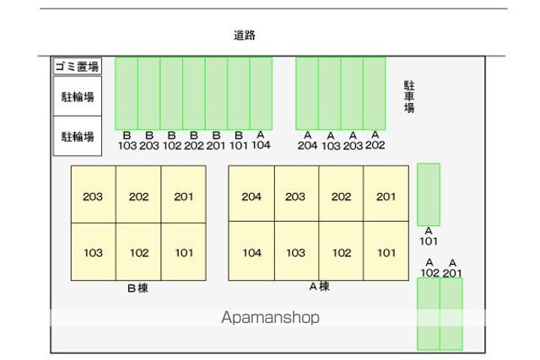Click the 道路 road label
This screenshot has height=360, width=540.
tap(245, 35)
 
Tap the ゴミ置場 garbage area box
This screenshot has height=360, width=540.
tap(77, 66)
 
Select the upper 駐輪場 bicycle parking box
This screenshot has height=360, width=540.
tap(77, 95)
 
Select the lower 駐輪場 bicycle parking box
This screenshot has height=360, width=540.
tap(77, 136)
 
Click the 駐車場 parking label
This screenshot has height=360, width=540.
tap(409, 97)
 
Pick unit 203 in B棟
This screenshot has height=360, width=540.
tap(93, 196)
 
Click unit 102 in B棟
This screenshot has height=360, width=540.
tap(138, 252)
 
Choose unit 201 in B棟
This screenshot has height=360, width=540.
tap(184, 196)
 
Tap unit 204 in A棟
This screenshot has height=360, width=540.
tap(251, 196)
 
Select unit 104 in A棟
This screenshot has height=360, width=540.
tap(251, 252)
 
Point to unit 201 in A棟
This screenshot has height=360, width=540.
tap(386, 196)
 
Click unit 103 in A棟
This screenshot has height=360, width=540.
tap(295, 252)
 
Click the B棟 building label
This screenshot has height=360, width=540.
tap(138, 288)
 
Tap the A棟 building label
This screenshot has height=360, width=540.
tap(319, 287)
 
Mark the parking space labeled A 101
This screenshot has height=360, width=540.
tap(429, 194)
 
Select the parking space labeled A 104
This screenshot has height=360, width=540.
tap(261, 93)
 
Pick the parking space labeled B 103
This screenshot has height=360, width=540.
tap(127, 93)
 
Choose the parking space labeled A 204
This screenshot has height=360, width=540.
tap(307, 93)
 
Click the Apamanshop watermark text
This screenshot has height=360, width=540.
tap(270, 318)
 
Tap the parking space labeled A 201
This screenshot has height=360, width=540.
tap(451, 313)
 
